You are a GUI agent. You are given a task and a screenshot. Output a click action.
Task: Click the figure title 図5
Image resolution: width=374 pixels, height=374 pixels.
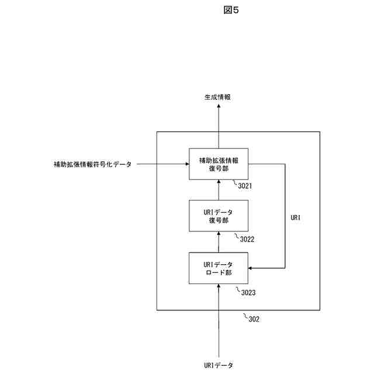click(231, 10)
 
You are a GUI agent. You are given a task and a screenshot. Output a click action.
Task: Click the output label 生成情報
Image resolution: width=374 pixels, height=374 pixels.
click(218, 97)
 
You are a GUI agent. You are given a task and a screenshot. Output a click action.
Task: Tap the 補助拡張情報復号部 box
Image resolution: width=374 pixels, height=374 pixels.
click(219, 164)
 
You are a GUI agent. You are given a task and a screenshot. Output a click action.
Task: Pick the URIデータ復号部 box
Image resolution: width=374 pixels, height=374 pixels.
click(219, 216)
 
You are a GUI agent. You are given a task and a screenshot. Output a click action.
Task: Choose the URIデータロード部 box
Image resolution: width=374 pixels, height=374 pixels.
click(219, 268)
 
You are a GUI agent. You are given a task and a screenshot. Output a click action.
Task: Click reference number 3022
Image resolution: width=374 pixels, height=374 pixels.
click(247, 238)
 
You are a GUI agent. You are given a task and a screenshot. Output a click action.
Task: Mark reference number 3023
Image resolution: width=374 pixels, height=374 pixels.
click(245, 290)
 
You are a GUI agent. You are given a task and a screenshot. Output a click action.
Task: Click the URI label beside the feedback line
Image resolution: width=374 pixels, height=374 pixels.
click(296, 217)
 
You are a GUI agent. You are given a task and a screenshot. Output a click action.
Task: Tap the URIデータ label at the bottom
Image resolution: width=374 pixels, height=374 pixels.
click(219, 365)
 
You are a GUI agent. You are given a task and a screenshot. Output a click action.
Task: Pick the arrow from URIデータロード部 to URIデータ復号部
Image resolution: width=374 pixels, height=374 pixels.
click(219, 242)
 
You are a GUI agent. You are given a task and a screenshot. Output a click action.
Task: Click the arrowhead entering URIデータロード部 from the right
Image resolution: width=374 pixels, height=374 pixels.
click(252, 268)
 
